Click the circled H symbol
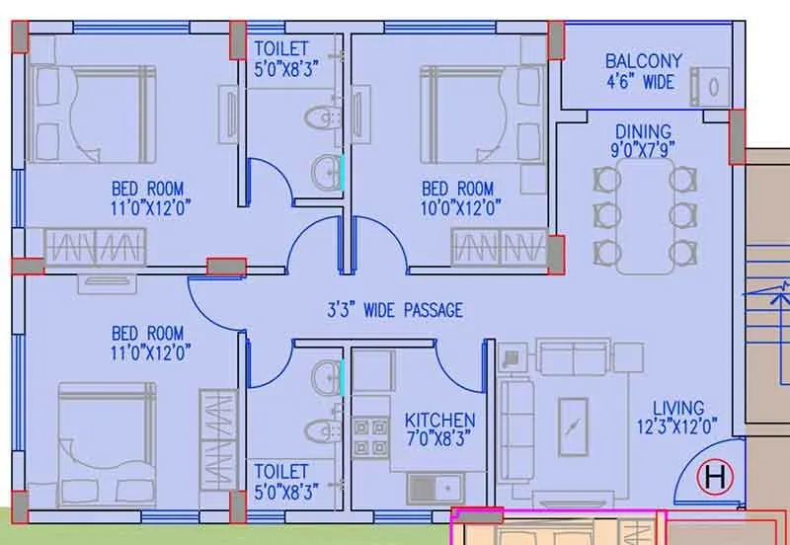pyautogui.click(x=715, y=480)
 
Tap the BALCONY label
pyautogui.click(x=644, y=61)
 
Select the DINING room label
pyautogui.click(x=643, y=131)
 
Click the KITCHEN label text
pyautogui.click(x=439, y=421)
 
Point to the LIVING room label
pyautogui.click(x=678, y=408)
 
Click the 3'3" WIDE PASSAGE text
pyautogui.click(x=395, y=310)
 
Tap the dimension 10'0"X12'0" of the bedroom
pyautogui.click(x=457, y=207)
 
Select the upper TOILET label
pyautogui.click(x=281, y=48)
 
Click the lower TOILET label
pyautogui.click(x=281, y=472)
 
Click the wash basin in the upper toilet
pyautogui.click(x=326, y=174)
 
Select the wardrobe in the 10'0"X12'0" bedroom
pyautogui.click(x=499, y=247)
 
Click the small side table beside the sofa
pyautogui.click(x=512, y=356)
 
